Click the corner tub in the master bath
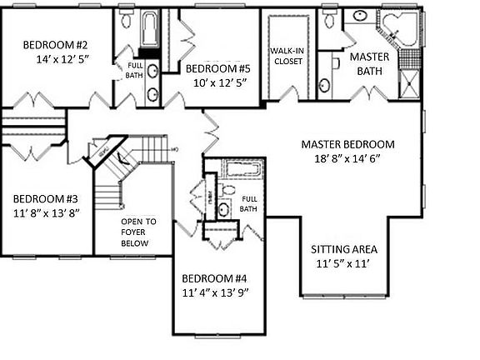397,29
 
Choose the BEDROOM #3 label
45,198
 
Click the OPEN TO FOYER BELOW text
134,232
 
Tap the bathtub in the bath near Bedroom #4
243,171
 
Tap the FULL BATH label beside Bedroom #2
134,70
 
